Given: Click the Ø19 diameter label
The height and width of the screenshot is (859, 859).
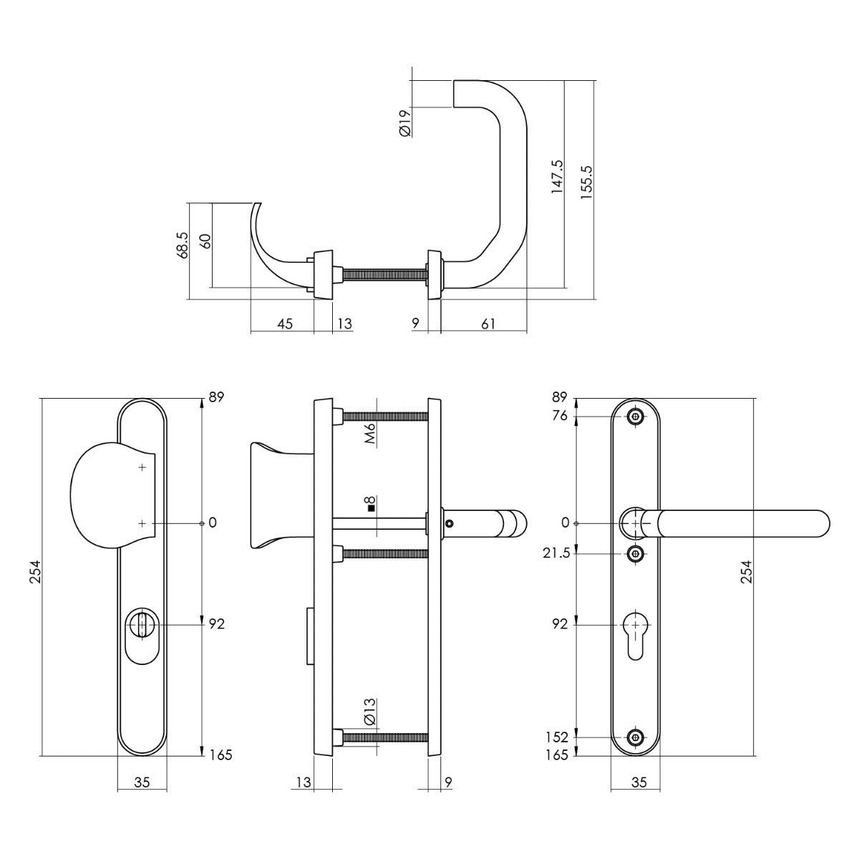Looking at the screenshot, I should click(x=404, y=122).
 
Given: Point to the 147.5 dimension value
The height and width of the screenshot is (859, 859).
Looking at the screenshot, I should click(x=557, y=178).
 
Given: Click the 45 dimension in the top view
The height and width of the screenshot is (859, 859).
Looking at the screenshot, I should click(x=284, y=324).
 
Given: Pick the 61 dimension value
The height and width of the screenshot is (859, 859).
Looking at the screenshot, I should click(x=488, y=324).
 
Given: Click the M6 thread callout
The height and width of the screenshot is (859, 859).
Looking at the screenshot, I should click(x=370, y=435).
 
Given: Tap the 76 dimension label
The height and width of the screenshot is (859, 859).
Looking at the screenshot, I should click(x=560, y=417).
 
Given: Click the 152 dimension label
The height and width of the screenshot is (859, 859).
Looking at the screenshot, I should click(x=556, y=737).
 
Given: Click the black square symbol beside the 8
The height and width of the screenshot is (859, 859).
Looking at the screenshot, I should click(x=371, y=509).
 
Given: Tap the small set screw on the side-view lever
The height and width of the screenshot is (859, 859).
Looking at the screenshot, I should click(x=449, y=525).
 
